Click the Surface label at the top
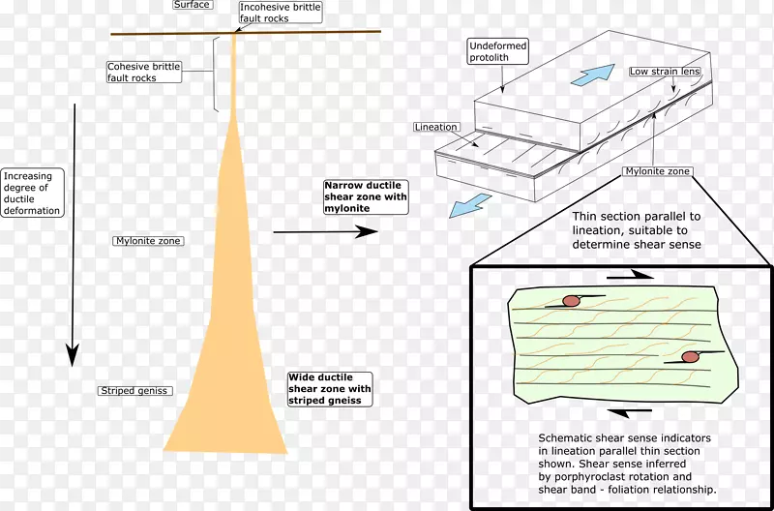point(193,5)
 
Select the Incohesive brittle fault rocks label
point(281,13)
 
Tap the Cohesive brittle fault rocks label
point(144,72)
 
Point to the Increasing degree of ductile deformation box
point(33,193)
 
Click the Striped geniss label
point(134,391)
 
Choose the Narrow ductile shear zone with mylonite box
point(366,197)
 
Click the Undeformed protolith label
point(498,52)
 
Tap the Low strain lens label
point(665,72)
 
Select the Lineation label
point(436,128)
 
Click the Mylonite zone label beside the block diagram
point(658,171)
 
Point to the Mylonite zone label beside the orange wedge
point(148,241)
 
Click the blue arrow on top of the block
point(593,75)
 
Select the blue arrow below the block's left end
point(470,205)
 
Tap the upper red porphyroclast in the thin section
point(571,301)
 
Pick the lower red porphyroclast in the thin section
point(690,356)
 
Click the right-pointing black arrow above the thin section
point(631,276)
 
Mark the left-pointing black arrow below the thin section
point(630,410)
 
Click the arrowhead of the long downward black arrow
point(73,355)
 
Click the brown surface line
point(246,33)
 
